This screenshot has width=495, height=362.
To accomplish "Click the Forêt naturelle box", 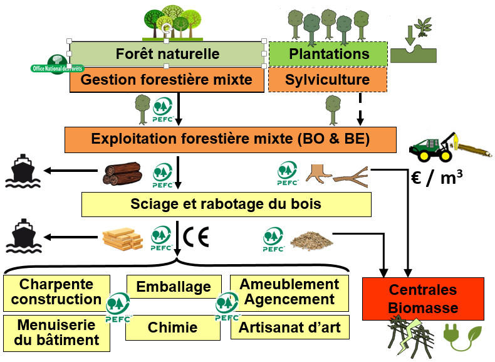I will [167, 54].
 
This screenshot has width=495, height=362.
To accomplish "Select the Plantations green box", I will [328, 54].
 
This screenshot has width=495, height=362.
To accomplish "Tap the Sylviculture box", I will [327, 80].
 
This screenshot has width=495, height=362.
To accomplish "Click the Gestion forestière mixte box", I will [167, 80].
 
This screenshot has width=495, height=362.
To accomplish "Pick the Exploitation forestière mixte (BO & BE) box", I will [231, 139].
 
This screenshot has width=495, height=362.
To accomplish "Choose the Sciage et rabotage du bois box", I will [226, 204].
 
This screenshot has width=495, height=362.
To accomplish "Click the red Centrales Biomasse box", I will [424, 299].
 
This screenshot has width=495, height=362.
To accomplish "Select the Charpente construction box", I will [56, 292].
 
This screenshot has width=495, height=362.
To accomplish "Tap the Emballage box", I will [174, 287].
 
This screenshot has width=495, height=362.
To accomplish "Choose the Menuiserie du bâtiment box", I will [58, 333].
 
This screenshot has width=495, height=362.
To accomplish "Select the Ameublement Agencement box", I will [289, 292].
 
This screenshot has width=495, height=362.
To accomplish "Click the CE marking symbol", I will [196, 237].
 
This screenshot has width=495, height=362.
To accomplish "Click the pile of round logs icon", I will [123, 174].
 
